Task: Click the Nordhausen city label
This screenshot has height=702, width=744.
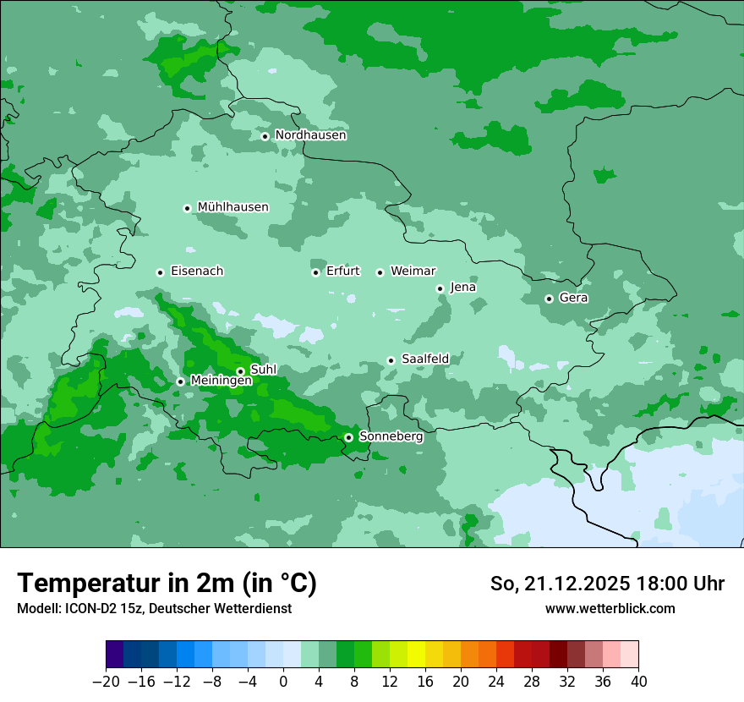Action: (310, 135)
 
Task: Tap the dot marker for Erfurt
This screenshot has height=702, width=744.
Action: (315, 272)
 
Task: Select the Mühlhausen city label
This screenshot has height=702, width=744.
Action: (232, 207)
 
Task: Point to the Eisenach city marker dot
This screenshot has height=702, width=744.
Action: (160, 272)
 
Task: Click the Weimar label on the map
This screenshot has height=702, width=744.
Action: (413, 271)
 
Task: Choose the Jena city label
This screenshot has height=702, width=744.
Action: (462, 288)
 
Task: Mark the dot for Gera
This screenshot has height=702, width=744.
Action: (549, 299)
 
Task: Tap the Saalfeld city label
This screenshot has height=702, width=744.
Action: (424, 359)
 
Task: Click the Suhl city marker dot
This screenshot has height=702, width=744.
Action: (240, 371)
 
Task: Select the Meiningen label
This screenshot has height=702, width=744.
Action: (221, 381)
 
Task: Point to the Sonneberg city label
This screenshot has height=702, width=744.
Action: (391, 437)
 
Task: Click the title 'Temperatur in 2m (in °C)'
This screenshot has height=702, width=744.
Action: (167, 584)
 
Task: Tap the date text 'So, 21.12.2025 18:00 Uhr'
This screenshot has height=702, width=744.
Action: (607, 584)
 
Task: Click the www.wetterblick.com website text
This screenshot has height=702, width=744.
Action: (610, 608)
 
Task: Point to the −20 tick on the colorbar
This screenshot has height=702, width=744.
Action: (106, 682)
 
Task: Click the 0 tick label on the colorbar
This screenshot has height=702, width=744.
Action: (283, 682)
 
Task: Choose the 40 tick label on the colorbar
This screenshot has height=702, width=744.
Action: (638, 682)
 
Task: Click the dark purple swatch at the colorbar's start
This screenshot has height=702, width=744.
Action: (115, 655)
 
